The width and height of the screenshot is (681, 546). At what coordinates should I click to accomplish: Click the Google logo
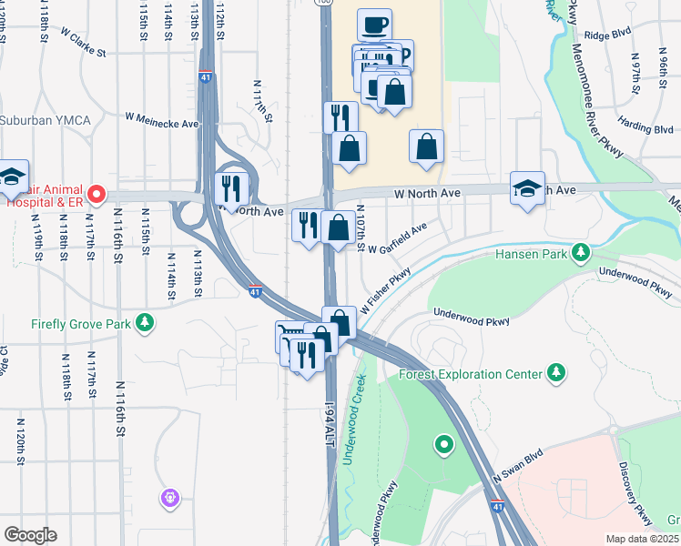coord(30,535)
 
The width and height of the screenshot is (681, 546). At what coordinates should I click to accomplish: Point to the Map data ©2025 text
coord(642,539)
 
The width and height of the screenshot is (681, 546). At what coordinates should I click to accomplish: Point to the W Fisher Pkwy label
coord(385,291)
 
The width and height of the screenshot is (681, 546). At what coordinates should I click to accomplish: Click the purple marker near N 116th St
coord(170,498)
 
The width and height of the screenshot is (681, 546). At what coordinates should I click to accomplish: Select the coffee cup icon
coord(373,25)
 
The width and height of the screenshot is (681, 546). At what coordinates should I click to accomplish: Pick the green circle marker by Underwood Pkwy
coord(444,444)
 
